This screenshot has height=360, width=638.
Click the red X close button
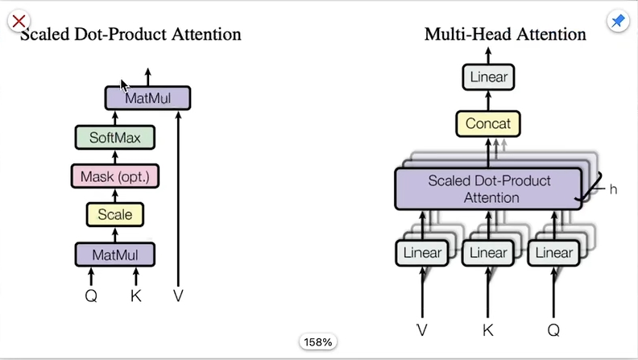[x=19, y=20]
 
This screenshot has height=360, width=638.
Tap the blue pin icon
[x=618, y=22]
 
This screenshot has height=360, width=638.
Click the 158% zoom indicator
[x=318, y=342]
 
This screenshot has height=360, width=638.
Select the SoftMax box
[x=115, y=138]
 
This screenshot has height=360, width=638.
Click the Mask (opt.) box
[x=115, y=176]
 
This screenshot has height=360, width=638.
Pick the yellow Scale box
[x=115, y=215]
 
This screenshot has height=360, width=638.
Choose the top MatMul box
[x=148, y=98]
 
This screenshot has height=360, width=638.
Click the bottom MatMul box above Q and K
[x=115, y=254]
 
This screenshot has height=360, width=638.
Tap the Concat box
[x=488, y=124]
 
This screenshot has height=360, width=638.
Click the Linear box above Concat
[x=488, y=77]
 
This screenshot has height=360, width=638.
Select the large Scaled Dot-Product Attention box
[x=488, y=188]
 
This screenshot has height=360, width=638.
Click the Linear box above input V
[x=422, y=253]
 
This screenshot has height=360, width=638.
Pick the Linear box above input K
[x=488, y=253]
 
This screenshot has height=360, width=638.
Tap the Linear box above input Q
[x=554, y=253]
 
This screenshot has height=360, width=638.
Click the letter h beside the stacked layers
[x=613, y=189]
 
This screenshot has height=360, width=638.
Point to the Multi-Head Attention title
[x=505, y=35]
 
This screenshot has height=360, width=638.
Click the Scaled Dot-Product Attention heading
[x=130, y=35]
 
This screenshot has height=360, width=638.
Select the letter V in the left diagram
[x=178, y=296]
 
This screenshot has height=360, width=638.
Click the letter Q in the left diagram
[x=91, y=296]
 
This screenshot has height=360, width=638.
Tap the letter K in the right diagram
[x=488, y=329]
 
